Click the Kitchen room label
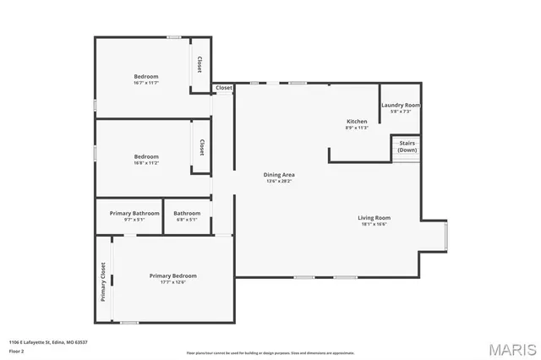pos(356,122)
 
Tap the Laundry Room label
pos(400,105)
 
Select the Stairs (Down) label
pos(407,146)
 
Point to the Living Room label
pos(374,217)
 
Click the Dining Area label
pos(280,175)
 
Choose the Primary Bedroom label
pos(172,275)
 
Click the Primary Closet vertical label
pos(103,281)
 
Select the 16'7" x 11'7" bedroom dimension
pos(145,83)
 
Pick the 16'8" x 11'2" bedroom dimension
pos(145,162)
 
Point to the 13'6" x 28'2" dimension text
pos(280,181)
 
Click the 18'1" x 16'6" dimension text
pos(374,224)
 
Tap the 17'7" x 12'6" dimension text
pos(172,282)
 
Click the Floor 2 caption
pos(17,350)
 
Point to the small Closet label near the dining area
pos(224,88)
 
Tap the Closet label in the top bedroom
pos(200,64)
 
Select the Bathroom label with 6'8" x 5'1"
pos(187,213)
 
